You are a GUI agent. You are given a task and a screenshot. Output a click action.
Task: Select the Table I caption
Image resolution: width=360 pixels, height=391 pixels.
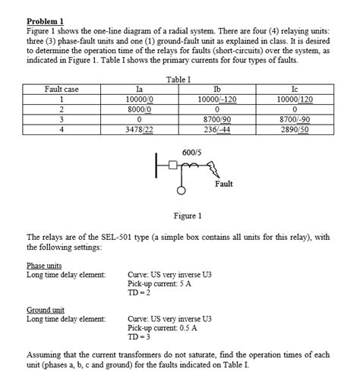point(179,79)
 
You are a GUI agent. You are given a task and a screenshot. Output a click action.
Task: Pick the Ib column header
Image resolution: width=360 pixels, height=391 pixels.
point(218,89)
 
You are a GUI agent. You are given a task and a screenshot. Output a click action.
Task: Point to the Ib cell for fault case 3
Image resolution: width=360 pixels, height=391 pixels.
point(218,119)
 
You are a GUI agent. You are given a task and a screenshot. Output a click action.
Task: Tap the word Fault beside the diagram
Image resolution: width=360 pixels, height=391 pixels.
point(224,184)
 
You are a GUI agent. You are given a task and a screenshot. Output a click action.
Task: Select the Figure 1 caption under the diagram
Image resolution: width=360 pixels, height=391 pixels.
point(188,216)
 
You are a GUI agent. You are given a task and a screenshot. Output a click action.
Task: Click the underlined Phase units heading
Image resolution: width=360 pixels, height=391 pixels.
point(44,265)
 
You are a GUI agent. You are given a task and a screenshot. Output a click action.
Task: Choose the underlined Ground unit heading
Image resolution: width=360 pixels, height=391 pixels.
point(45,310)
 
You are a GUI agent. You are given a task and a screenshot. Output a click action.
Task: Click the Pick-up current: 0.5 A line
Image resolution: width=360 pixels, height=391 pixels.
point(163,327)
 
